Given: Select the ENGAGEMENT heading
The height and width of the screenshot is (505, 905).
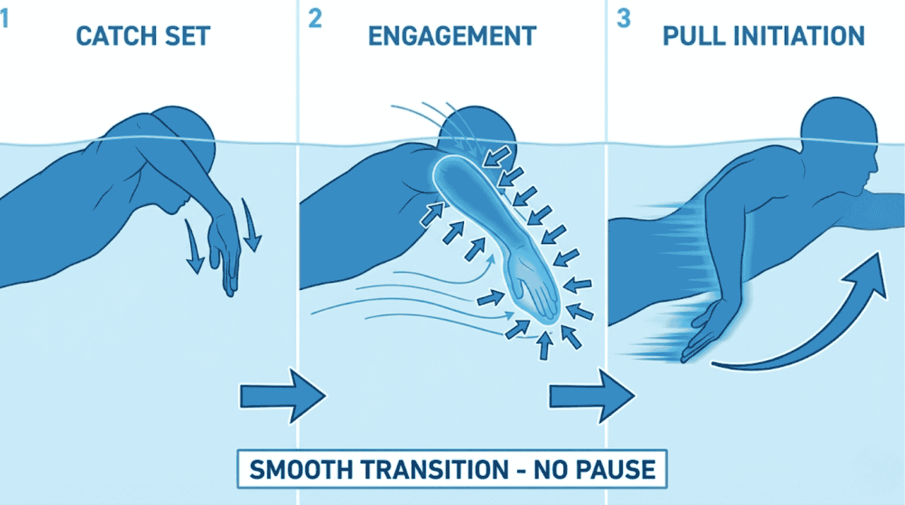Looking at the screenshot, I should (452, 36).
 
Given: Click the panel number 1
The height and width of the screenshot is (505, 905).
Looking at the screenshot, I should (5, 19).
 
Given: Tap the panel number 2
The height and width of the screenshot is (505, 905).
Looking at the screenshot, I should (315, 19).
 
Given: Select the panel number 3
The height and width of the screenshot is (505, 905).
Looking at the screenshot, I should (623, 19).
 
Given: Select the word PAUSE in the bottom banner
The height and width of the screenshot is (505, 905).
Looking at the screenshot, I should (617, 469).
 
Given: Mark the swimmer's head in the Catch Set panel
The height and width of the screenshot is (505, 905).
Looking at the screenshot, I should (187, 132).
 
